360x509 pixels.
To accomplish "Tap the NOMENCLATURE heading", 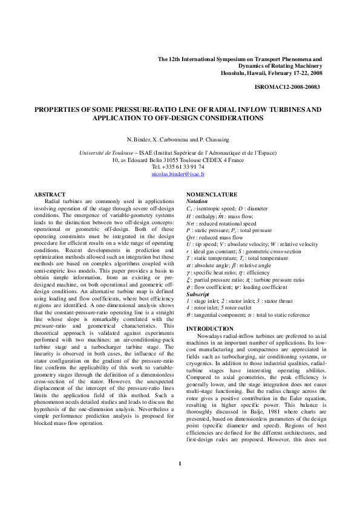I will click(212, 194).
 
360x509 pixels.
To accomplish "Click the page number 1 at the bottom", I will click(180, 481).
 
